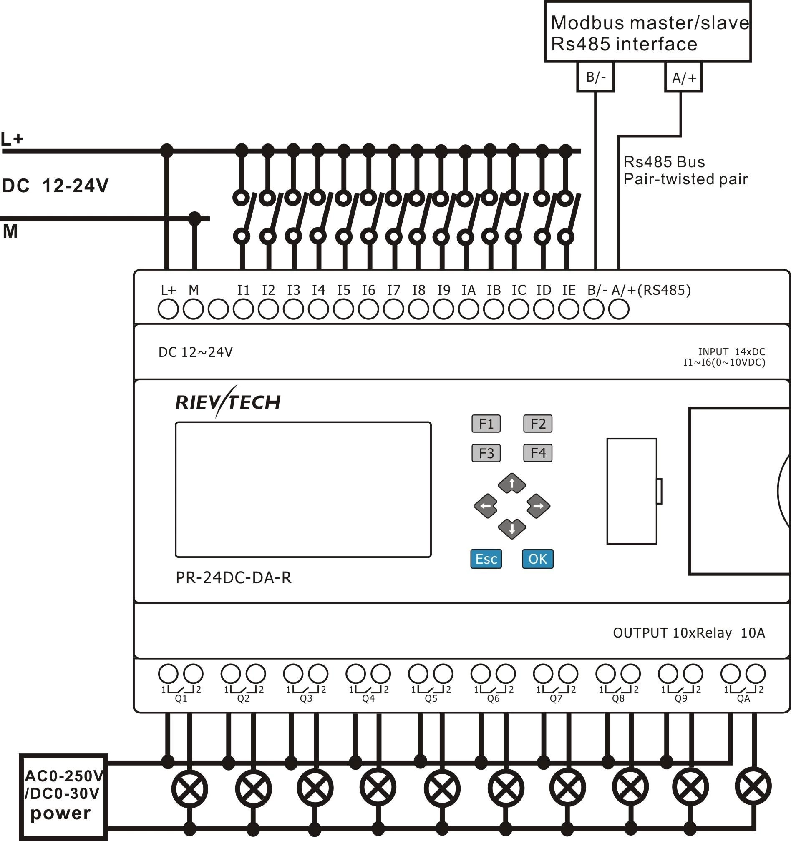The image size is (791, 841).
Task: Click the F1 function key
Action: pos(486,424)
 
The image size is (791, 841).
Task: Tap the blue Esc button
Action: pos(486,559)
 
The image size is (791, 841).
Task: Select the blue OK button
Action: pos(537,559)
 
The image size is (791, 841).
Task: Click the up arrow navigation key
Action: pos(511,483)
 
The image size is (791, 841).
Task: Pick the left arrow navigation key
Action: pos(486,505)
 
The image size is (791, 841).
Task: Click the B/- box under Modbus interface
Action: pos(595,77)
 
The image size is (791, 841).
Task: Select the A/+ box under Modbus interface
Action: pos(683,78)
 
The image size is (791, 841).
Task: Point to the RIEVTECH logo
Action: pos(228,402)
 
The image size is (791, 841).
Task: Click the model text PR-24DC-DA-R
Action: pos(233,578)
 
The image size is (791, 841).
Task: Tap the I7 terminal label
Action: pos(393,290)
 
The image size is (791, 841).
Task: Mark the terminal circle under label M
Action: pos(193,309)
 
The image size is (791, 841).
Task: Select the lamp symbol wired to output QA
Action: pos(753,786)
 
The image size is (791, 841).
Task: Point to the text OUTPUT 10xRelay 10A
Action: pos(689,633)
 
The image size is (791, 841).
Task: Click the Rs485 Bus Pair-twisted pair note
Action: pos(685,171)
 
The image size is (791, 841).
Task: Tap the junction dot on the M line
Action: pos(194,219)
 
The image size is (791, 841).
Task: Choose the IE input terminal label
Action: pos(568,290)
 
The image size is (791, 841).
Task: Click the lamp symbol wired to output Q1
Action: pos(189,789)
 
